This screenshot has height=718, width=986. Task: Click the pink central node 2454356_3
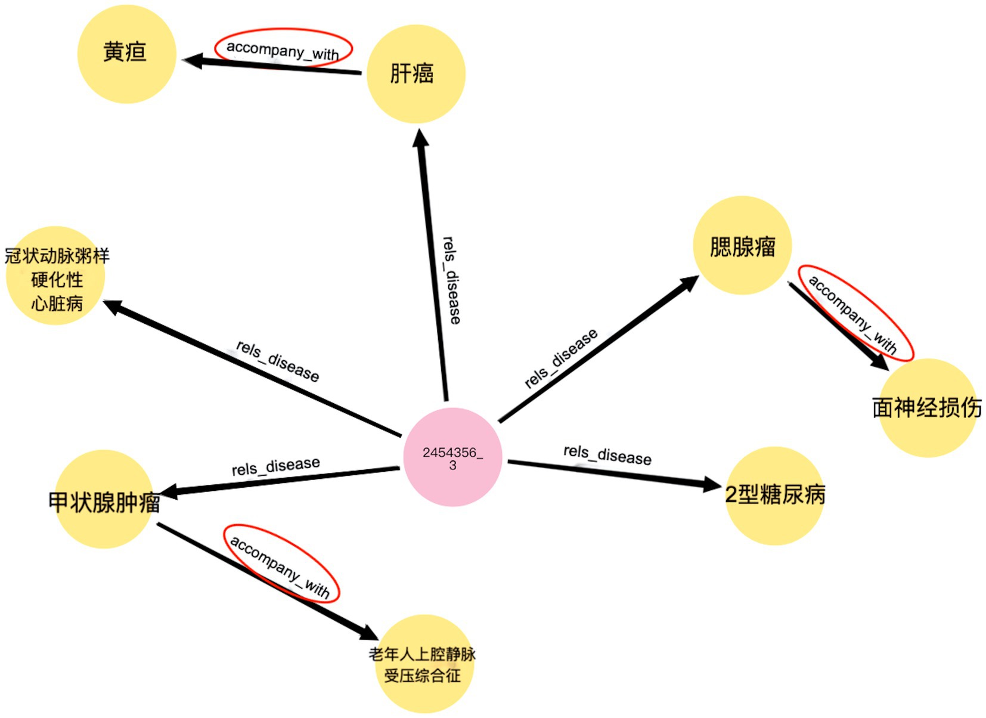click(x=452, y=457)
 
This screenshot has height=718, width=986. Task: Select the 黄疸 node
click(x=126, y=54)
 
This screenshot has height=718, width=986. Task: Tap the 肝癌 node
click(x=416, y=74)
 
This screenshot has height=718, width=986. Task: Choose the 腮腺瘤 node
click(x=742, y=245)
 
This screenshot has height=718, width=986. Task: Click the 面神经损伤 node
click(x=927, y=408)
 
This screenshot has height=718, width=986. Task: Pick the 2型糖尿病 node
click(x=774, y=495)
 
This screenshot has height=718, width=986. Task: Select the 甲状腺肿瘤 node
click(x=104, y=500)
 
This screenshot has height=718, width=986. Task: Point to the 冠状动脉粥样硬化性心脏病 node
click(x=56, y=276)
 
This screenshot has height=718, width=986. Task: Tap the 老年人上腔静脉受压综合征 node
click(x=423, y=664)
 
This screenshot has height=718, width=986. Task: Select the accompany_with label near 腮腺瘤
click(x=853, y=313)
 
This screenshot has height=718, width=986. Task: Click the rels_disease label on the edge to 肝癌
click(x=452, y=280)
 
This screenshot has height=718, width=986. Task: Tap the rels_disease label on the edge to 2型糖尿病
click(x=607, y=454)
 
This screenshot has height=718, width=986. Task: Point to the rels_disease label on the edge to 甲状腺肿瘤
click(x=275, y=466)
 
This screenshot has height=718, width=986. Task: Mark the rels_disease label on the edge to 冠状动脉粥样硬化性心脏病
click(x=277, y=360)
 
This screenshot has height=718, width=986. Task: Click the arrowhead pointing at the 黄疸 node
click(x=192, y=60)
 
